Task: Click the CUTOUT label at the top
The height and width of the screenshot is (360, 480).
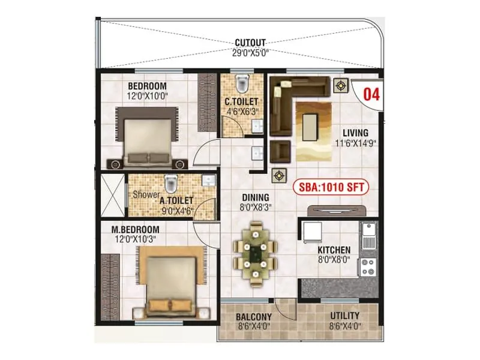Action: pyautogui.click(x=250, y=43)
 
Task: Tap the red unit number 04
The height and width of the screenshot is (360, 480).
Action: pyautogui.click(x=372, y=94)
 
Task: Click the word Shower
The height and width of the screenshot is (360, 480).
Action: pyautogui.click(x=146, y=195)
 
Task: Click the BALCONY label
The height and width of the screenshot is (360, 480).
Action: pyautogui.click(x=254, y=317)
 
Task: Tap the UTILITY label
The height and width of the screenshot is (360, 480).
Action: pyautogui.click(x=345, y=316)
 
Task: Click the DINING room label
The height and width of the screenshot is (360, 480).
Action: pyautogui.click(x=255, y=197)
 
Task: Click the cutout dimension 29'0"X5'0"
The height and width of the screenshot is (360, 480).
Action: pyautogui.click(x=250, y=52)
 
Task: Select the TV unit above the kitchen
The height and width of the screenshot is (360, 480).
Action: pyautogui.click(x=337, y=209)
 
